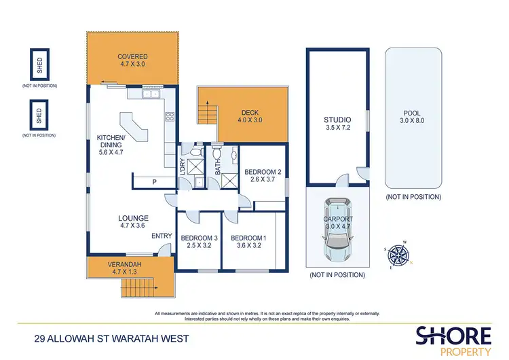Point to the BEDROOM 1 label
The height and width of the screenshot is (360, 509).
(248, 242)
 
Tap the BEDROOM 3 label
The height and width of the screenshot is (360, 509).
(197, 242)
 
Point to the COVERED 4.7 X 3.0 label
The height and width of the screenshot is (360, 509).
(132, 60)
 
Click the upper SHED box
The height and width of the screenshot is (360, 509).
(38, 65)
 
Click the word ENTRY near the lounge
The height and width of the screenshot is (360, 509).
(162, 236)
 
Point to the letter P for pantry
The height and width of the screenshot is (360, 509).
(154, 181)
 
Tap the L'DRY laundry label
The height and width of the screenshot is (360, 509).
(183, 166)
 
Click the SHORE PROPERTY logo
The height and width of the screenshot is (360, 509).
(453, 339)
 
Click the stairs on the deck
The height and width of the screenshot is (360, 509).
(208, 110)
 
